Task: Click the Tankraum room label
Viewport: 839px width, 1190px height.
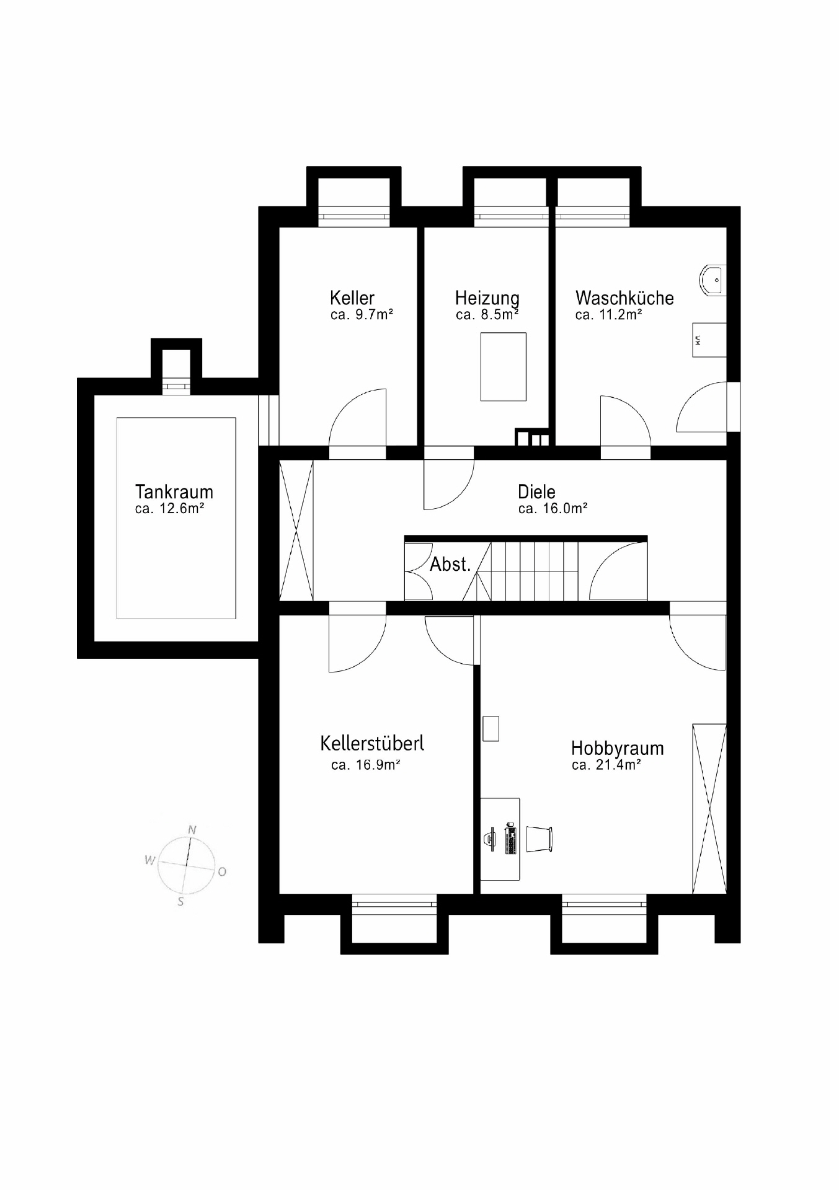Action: tap(174, 492)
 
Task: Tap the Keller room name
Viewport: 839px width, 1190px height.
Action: tap(352, 297)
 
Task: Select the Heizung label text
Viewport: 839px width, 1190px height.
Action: tap(487, 298)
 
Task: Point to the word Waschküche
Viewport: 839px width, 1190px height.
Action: tap(624, 297)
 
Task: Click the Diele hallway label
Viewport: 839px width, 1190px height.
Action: tap(536, 492)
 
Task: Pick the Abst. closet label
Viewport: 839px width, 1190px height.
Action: tap(451, 564)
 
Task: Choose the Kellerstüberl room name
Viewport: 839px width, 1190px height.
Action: tap(372, 743)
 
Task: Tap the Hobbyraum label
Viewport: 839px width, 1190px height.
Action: tap(618, 748)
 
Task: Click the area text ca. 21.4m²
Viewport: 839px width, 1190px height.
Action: tap(606, 765)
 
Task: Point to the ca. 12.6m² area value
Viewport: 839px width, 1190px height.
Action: tap(169, 509)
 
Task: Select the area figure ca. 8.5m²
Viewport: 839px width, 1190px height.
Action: tap(487, 315)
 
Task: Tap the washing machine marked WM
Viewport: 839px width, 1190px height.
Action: tap(709, 340)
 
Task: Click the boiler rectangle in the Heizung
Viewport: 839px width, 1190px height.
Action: tap(504, 366)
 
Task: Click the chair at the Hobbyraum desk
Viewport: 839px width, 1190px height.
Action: tap(539, 839)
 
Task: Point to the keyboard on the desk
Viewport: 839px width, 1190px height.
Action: tap(511, 840)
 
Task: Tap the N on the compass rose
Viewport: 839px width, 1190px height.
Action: tap(192, 830)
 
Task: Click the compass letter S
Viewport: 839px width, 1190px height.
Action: tap(180, 902)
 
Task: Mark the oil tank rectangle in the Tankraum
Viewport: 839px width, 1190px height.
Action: tap(176, 518)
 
